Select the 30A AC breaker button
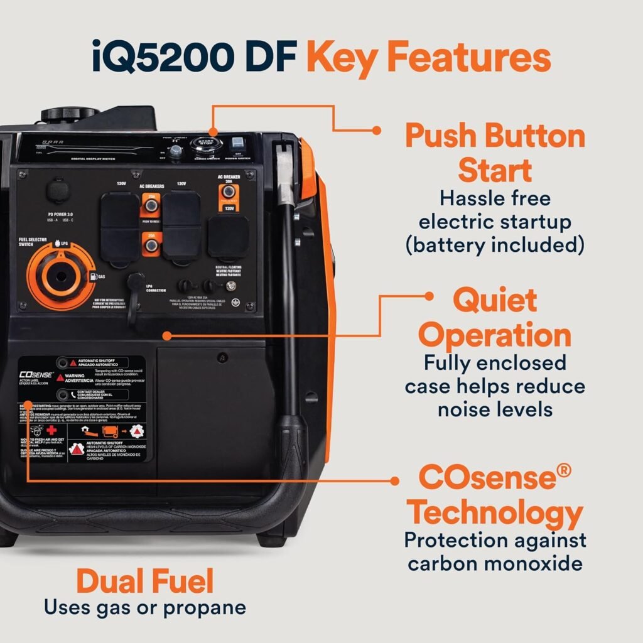pos(230,192)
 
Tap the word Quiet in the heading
pos(495,300)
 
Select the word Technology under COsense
pos(495,513)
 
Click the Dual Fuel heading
pos(145,581)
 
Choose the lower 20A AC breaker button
pos(151,241)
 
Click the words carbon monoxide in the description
pos(495,563)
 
